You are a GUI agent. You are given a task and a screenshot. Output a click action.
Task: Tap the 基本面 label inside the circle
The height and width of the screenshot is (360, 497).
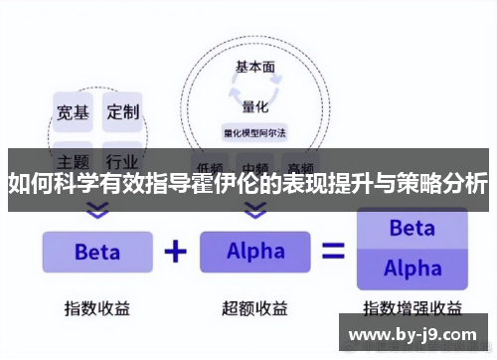click(255, 68)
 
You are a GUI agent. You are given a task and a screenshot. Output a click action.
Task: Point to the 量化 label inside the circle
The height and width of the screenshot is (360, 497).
click(255, 105)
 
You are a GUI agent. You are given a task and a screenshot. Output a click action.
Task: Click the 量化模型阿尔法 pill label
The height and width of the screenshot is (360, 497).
click(255, 132)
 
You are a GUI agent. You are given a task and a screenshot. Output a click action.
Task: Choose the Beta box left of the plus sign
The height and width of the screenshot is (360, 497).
click(97, 252)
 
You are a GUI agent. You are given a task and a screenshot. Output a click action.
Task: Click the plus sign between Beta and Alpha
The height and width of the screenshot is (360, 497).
click(176, 251)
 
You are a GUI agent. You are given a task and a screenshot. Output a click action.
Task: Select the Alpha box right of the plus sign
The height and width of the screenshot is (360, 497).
click(255, 252)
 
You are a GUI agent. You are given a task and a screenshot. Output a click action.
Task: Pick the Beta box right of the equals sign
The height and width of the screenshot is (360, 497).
click(412, 229)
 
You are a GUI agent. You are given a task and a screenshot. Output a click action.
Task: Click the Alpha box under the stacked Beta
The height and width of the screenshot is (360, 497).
click(412, 269)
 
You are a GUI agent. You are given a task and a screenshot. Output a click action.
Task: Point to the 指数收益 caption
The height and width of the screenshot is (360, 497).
click(97, 306)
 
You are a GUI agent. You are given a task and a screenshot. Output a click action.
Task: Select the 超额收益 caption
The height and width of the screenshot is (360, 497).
click(255, 306)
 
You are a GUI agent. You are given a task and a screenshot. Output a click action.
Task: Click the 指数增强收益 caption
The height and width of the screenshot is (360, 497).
click(412, 306)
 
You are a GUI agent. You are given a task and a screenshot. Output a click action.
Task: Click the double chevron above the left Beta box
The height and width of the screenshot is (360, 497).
click(97, 211)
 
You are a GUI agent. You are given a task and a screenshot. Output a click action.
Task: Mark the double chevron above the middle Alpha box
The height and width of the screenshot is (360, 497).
click(255, 211)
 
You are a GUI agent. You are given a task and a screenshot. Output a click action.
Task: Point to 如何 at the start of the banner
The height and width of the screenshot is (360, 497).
click(28, 184)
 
